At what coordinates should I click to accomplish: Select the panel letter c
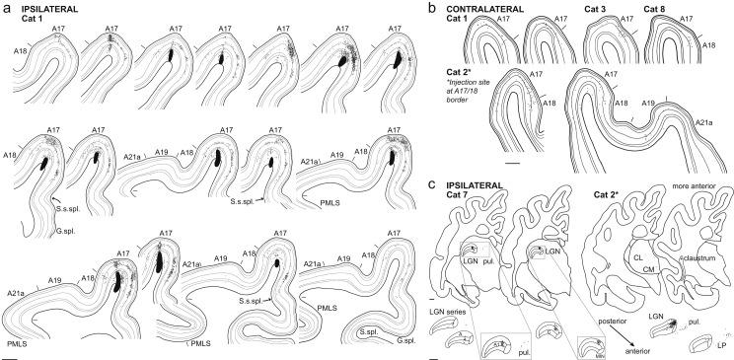tap(434, 182)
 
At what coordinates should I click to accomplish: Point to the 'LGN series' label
tap(453, 312)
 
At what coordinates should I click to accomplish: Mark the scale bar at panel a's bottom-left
tap(9, 355)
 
